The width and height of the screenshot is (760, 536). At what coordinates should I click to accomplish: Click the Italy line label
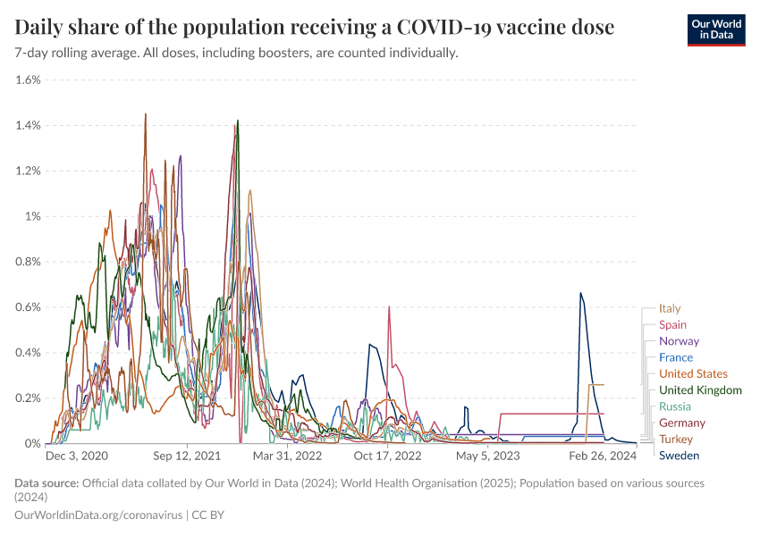669,308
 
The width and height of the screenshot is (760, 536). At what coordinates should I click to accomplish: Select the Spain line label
672,325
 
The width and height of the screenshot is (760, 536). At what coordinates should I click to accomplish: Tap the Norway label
679,341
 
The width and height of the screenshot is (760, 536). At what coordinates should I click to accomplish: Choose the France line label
675,357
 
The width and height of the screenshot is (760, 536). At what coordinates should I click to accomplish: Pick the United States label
693,373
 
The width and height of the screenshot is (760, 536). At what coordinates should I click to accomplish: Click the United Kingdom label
700,390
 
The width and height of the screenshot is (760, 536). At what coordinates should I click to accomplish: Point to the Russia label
674,406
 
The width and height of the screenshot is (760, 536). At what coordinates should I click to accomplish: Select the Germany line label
681,423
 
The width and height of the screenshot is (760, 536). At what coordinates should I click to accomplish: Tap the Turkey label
676,440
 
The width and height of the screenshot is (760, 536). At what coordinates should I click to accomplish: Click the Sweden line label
679,456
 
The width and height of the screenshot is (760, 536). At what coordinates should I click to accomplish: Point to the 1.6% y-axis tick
29,80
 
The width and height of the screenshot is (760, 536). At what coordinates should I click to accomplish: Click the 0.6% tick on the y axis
29,307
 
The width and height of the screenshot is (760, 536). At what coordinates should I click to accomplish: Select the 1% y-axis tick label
33,216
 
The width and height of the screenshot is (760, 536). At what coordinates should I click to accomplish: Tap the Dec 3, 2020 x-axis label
77,456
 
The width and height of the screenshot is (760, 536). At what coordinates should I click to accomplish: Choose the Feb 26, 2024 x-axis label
605,456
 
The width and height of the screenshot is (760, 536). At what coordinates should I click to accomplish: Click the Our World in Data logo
715,29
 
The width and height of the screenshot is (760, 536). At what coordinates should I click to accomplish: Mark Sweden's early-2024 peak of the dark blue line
581,293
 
